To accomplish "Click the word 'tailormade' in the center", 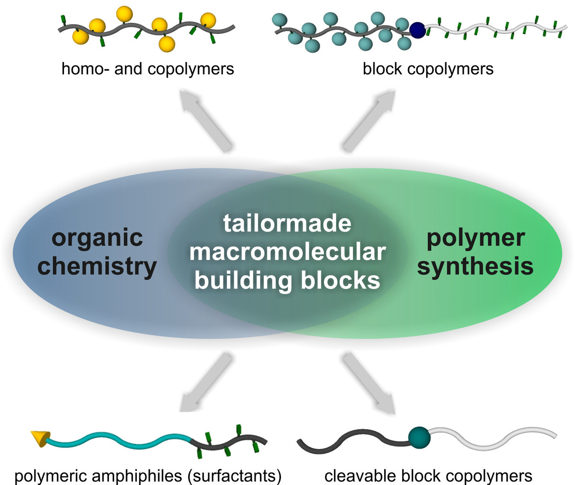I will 287,223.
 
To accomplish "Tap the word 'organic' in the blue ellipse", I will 97,237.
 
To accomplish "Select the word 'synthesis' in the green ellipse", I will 475,266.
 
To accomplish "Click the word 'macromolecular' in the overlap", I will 287,251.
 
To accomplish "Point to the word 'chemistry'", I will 97,266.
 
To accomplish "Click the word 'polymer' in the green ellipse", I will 476,237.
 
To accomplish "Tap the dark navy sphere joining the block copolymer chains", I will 417,30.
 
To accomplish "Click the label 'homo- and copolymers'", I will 148,69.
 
